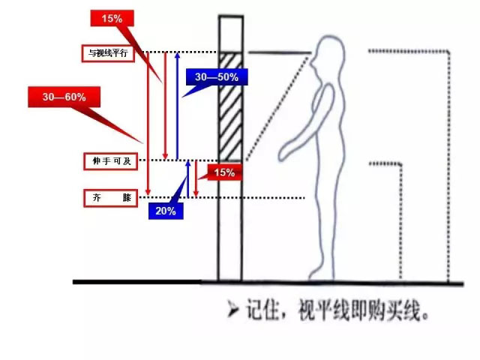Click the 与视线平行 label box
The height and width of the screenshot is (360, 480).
pyautogui.click(x=109, y=52)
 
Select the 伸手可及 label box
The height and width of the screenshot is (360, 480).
pyautogui.click(x=109, y=161)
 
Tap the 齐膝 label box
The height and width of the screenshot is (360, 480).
pyautogui.click(x=109, y=198)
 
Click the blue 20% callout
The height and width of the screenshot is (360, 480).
pyautogui.click(x=166, y=211)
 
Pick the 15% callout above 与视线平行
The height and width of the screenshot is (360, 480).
pyautogui.click(x=112, y=19)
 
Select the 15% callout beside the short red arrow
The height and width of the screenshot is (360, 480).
pyautogui.click(x=224, y=172)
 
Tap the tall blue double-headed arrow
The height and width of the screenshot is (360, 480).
pyautogui.click(x=177, y=105)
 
